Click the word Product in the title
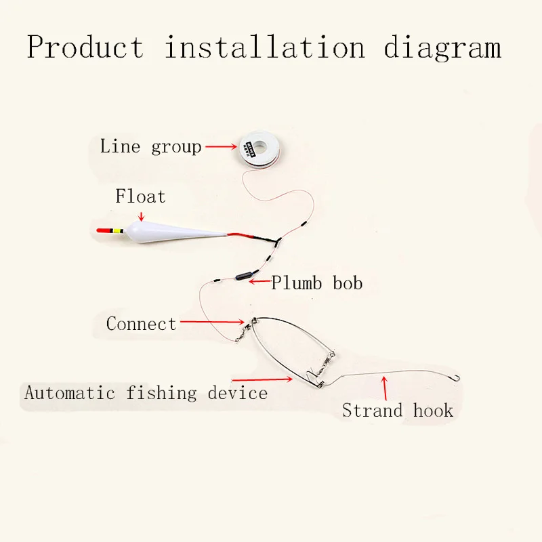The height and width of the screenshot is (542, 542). click(85, 47)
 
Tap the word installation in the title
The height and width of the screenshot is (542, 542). click(265, 47)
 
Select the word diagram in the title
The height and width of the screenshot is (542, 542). click(442, 47)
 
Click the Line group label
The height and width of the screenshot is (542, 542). click(150, 146)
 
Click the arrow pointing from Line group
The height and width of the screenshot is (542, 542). click(220, 146)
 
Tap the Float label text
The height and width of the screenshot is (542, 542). click(140, 196)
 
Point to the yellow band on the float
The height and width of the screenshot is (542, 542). click(117, 232)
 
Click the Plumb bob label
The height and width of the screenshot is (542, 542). click(317, 283)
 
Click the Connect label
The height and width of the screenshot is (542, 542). click(141, 324)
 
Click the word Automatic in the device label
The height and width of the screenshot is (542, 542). click(72, 392)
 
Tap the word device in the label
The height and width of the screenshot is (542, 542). click(238, 392)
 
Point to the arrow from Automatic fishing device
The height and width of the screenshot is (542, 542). click(262, 380)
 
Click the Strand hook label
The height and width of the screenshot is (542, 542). click(397, 410)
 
